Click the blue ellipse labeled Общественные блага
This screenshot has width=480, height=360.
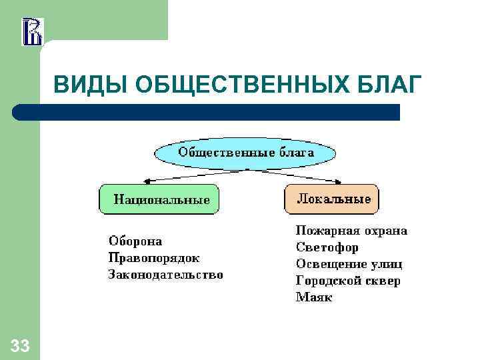[245, 153]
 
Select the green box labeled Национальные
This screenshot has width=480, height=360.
[159, 199]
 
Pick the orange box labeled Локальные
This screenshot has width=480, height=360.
[332, 199]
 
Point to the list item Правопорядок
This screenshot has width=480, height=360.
[154, 258]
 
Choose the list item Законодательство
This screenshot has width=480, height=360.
[166, 275]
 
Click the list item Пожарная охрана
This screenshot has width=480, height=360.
[351, 231]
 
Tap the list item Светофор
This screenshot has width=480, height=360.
[327, 247]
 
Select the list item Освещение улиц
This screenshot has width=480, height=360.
[349, 264]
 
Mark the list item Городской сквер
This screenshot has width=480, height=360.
[348, 281]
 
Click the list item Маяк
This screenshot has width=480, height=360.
[314, 297]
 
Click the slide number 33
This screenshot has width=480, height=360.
[20, 345]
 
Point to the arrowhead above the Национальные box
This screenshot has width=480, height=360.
[147, 180]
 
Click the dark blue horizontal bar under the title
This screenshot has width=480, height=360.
[207, 112]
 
